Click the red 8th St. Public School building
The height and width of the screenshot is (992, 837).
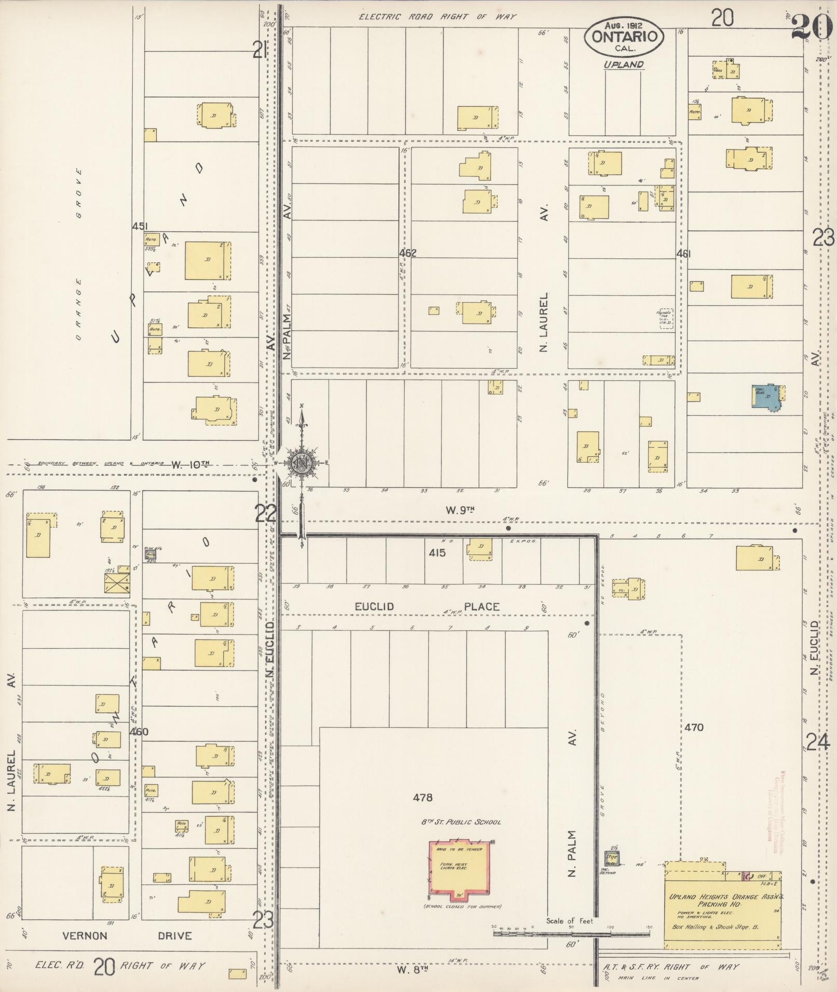[458, 870]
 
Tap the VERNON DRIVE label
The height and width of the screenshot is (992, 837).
[127, 936]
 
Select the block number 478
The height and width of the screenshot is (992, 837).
[422, 798]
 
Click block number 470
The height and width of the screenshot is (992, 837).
[693, 728]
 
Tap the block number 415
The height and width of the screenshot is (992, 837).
[437, 553]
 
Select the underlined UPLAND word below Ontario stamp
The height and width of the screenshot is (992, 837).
[623, 65]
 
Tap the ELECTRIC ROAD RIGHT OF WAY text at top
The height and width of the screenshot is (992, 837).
[437, 17]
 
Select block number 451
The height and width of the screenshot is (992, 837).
[140, 226]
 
